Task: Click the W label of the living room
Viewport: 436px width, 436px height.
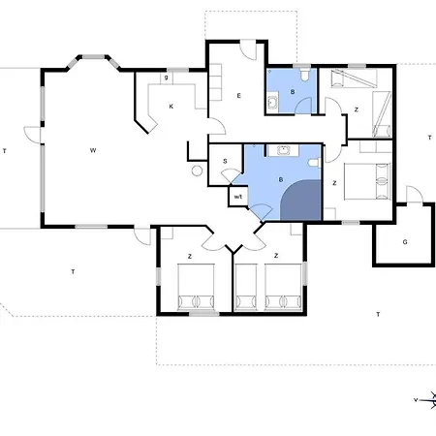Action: tap(93, 150)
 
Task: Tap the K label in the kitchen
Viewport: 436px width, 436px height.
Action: tap(171, 107)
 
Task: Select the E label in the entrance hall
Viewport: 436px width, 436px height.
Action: tap(239, 96)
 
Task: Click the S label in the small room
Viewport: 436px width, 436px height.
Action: tap(225, 161)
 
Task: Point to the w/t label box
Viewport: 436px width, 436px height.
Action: tap(238, 196)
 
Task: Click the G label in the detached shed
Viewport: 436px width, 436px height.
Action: tap(405, 242)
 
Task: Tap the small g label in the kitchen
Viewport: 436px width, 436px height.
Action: tap(167, 78)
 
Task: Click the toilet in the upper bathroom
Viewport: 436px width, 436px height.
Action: tap(304, 75)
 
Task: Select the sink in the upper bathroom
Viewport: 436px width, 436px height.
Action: tap(273, 102)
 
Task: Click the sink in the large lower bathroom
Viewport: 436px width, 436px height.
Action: tap(283, 150)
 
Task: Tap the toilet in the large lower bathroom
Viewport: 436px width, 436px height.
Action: tap(315, 163)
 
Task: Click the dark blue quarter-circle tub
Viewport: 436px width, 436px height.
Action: tap(300, 201)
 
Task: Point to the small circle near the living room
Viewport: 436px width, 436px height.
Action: tap(197, 171)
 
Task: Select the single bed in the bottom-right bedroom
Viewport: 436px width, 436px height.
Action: tap(246, 287)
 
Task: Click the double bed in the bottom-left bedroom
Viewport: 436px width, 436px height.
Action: tap(196, 287)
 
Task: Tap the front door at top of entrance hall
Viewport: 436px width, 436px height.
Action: tap(248, 49)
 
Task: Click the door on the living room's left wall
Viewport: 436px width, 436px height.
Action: tap(32, 135)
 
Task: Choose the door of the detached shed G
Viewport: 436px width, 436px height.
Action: tap(415, 195)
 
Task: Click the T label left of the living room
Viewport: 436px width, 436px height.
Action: tap(5, 151)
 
